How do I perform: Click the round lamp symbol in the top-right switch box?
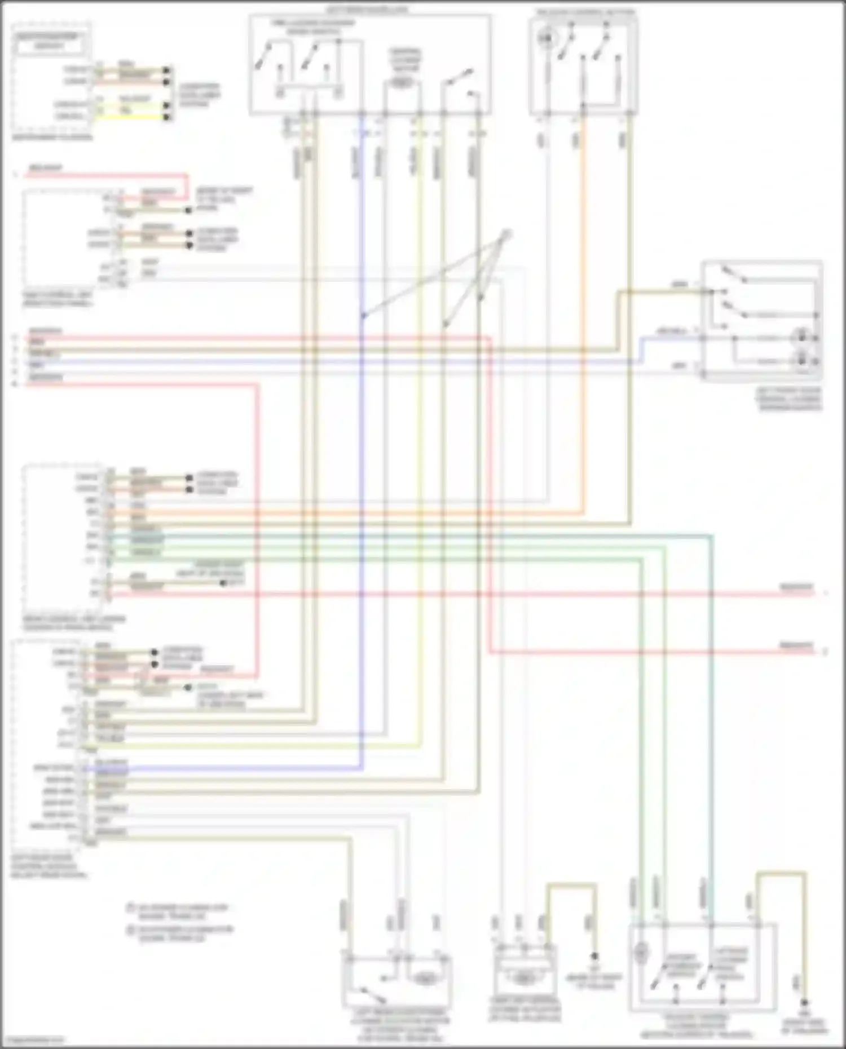click(545, 38)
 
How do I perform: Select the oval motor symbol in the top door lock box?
click(402, 83)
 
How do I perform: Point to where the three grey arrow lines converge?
click(506, 233)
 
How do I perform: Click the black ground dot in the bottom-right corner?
click(805, 1003)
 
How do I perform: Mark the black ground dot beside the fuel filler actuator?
click(594, 956)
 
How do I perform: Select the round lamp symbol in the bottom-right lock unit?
click(641, 952)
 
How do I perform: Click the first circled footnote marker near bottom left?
click(130, 908)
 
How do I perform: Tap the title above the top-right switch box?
click(584, 11)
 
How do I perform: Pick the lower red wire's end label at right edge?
click(797, 645)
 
